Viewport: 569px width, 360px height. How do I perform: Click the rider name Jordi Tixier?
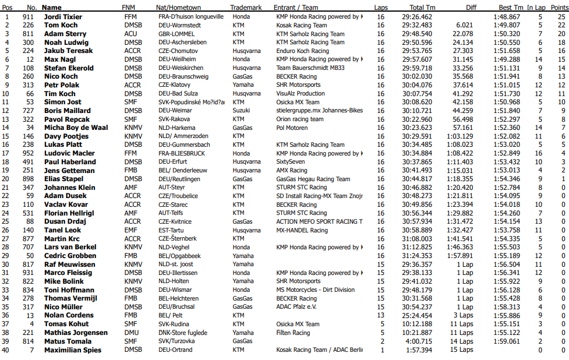tap(63, 17)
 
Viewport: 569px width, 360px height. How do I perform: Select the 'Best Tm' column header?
tap(510, 8)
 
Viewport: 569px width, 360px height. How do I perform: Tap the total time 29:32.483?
tap(417, 25)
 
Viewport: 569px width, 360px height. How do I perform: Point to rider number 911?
tap(28, 17)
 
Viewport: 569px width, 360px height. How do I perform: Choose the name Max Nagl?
tap(59, 59)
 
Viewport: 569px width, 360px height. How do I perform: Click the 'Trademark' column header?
tap(245, 8)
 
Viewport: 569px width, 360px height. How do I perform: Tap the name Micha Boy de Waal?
tap(76, 128)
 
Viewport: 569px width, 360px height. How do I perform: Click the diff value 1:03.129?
tap(460, 136)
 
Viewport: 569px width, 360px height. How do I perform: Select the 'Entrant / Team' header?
tap(296, 8)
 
